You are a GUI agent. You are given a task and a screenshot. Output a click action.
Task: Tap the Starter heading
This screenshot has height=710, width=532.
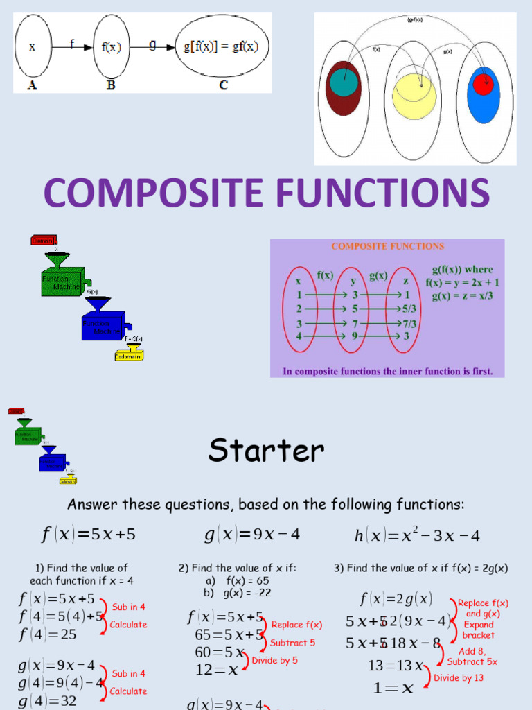[266, 451]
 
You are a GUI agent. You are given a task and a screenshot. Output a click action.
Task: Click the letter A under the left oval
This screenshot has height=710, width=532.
[30, 85]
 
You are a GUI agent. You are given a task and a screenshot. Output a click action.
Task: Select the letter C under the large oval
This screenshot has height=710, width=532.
[222, 85]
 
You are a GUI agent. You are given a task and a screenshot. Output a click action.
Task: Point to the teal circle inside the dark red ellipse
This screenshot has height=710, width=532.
[344, 82]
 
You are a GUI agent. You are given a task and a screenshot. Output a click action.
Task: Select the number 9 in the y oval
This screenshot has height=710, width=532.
[353, 336]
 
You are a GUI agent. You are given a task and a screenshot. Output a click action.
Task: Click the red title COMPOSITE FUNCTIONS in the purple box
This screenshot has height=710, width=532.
[387, 246]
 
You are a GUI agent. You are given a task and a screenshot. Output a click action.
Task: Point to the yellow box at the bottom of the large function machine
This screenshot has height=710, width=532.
[130, 355]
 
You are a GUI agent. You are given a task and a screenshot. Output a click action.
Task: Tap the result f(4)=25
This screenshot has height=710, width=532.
[48, 634]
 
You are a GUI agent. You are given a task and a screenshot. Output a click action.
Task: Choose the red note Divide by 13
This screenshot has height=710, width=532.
[459, 677]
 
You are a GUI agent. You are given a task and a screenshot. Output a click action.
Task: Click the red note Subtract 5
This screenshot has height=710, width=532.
[292, 643]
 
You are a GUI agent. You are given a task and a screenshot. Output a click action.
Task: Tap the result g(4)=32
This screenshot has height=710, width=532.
[48, 701]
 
